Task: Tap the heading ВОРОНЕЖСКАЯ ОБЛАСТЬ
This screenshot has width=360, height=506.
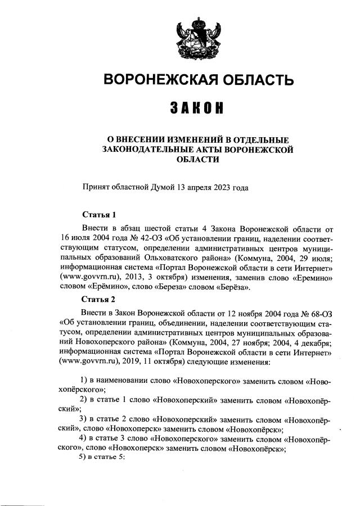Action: pos(193,79)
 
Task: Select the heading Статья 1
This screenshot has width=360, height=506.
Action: pos(99,215)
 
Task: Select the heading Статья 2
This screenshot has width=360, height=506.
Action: pos(99,299)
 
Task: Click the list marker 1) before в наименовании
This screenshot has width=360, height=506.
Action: pos(85,381)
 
